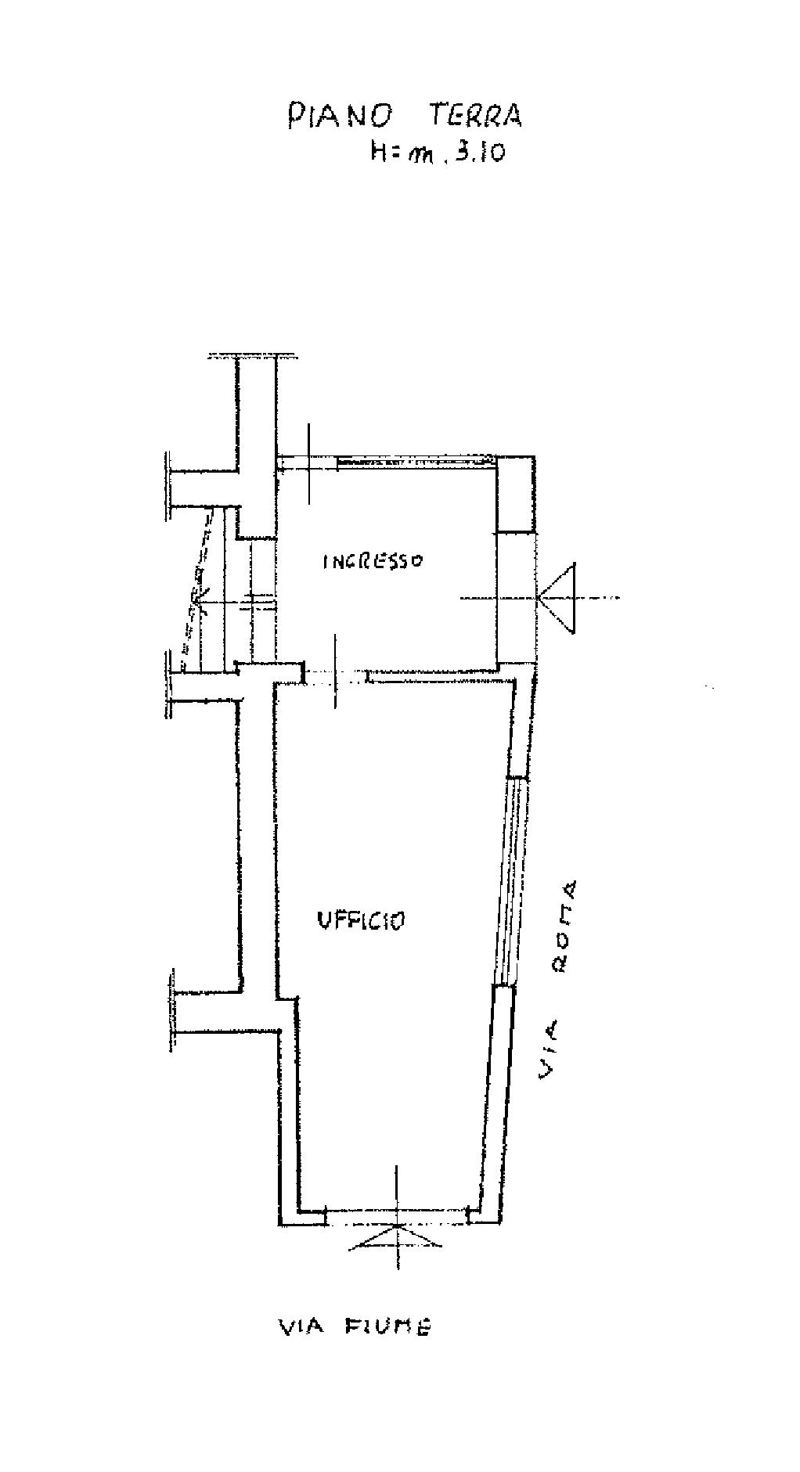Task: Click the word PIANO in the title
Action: tap(339, 116)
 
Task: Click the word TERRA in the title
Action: tap(475, 116)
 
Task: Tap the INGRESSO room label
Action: tap(373, 561)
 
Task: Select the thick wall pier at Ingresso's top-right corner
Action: tap(517, 494)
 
